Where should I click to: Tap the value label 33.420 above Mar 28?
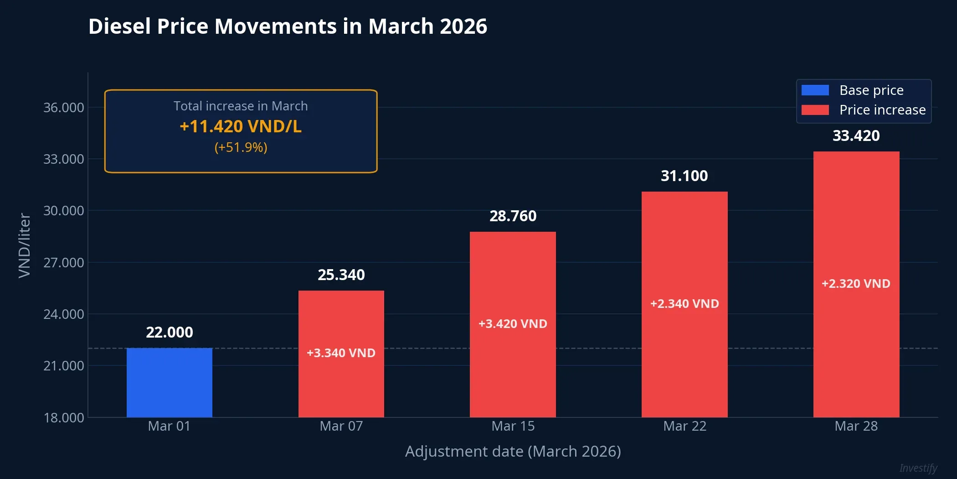click(x=856, y=136)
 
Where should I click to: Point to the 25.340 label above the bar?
click(x=341, y=275)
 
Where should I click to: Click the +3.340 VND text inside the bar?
click(x=341, y=353)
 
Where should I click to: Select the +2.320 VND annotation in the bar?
click(x=856, y=284)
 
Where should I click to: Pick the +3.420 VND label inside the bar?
click(x=513, y=324)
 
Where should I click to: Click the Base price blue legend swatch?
click(x=815, y=90)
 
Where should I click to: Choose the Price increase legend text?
click(x=882, y=110)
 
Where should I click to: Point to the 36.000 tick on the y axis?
click(x=63, y=108)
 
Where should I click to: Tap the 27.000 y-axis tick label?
click(x=63, y=263)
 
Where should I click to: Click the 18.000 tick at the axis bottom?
click(x=63, y=417)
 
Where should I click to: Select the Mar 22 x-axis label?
click(x=684, y=426)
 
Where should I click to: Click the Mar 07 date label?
click(x=341, y=426)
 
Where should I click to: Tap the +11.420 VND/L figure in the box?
click(x=241, y=126)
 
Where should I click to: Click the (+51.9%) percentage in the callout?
click(x=241, y=147)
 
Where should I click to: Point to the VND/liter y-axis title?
click(x=24, y=245)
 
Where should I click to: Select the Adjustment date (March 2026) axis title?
click(x=513, y=451)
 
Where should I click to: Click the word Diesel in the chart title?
click(x=119, y=26)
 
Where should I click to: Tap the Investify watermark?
click(x=918, y=468)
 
